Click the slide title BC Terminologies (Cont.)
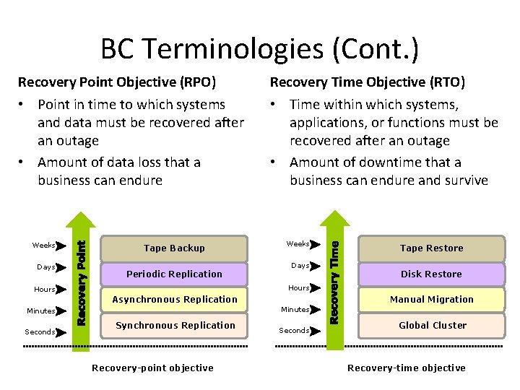(x=259, y=49)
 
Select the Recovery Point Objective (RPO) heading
(x=117, y=82)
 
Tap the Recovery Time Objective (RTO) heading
(x=368, y=82)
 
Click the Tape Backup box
(x=174, y=248)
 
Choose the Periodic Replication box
(x=174, y=274)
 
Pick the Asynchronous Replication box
(x=174, y=300)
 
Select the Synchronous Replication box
(x=174, y=326)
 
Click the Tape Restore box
(x=431, y=248)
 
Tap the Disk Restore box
(x=431, y=274)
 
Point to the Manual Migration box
(x=431, y=300)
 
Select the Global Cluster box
(x=431, y=326)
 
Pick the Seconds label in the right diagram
(x=295, y=331)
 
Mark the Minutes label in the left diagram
(x=41, y=311)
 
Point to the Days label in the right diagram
(x=300, y=266)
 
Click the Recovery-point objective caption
(x=152, y=368)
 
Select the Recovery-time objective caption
(x=406, y=368)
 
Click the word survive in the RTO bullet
(x=464, y=181)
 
